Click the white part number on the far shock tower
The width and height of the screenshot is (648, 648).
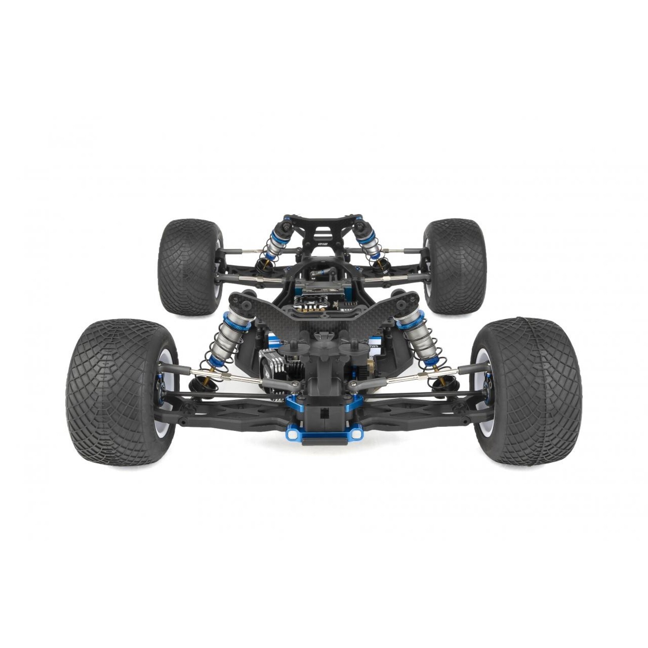tap(323, 243)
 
